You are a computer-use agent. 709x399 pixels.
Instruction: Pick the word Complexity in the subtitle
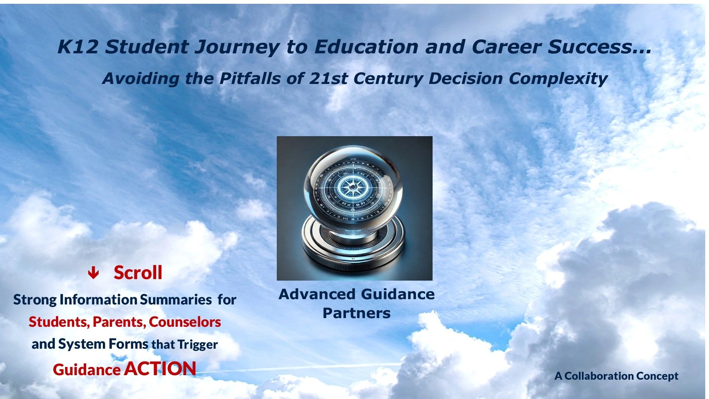pyautogui.click(x=558, y=79)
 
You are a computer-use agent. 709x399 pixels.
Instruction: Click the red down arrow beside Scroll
pyautogui.click(x=93, y=273)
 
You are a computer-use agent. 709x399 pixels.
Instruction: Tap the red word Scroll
pyautogui.click(x=138, y=272)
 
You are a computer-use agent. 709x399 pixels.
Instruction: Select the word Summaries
pyautogui.click(x=175, y=300)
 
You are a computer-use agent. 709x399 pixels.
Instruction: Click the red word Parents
pyautogui.click(x=119, y=322)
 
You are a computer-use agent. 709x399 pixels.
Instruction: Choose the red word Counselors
pyautogui.click(x=185, y=322)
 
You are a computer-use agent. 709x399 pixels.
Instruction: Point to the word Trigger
pyautogui.click(x=197, y=345)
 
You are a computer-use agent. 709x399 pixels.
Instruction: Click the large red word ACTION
pyautogui.click(x=160, y=368)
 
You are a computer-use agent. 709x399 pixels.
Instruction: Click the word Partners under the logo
pyautogui.click(x=357, y=313)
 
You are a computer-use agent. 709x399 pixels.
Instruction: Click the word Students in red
pyautogui.click(x=59, y=322)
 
